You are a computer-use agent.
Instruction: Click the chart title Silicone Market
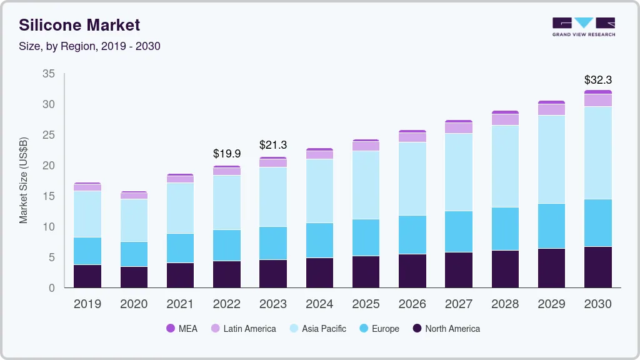(79, 25)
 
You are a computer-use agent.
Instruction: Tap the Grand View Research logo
(583, 26)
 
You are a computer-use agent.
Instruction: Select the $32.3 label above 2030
(597, 80)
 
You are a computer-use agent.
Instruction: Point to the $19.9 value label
(226, 153)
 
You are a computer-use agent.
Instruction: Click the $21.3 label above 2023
(273, 145)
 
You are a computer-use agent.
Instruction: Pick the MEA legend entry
(182, 329)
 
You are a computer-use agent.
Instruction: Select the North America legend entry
(446, 329)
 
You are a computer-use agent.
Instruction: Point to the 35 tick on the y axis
(49, 74)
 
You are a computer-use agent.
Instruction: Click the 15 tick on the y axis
(49, 196)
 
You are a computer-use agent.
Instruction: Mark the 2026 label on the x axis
(412, 304)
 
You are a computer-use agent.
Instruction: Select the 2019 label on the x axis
(87, 304)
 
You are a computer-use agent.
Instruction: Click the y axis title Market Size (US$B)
(24, 180)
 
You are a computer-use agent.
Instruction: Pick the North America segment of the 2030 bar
(598, 267)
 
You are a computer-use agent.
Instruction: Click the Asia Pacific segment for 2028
(505, 166)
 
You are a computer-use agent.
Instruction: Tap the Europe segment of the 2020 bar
(134, 254)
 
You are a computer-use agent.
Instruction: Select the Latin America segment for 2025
(366, 146)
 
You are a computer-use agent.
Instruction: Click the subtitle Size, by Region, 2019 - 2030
(89, 46)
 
